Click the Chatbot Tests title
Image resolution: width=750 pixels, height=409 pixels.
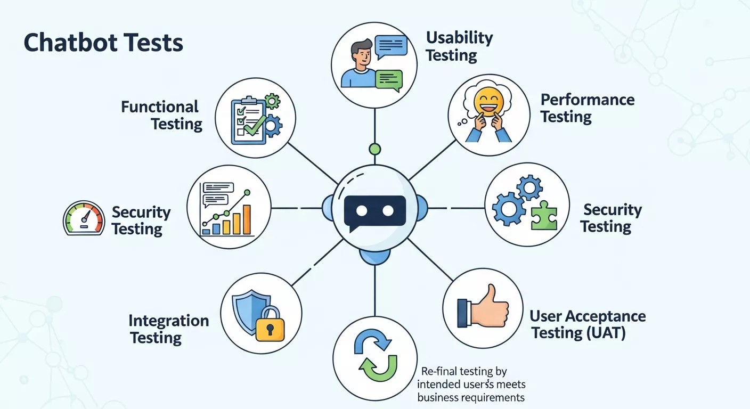pos(103,43)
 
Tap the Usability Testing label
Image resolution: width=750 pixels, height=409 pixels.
pos(459,46)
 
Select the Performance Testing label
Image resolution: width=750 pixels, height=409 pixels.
pos(587,108)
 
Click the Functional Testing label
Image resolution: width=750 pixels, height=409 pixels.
pos(161,115)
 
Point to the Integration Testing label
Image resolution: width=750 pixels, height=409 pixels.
pos(168,329)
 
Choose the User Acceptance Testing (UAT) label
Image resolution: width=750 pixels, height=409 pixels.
pos(587,324)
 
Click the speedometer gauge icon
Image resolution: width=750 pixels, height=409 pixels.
pos(84,218)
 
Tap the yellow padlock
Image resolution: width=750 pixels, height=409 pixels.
pos(270,324)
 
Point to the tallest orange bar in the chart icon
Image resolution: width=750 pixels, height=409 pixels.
pos(246,219)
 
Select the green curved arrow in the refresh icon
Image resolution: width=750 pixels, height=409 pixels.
pos(380,369)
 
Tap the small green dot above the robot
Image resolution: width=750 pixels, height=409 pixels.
pos(375,149)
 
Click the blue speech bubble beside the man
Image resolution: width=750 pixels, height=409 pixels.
pos(390,46)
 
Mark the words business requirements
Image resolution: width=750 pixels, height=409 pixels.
pos(470,398)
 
